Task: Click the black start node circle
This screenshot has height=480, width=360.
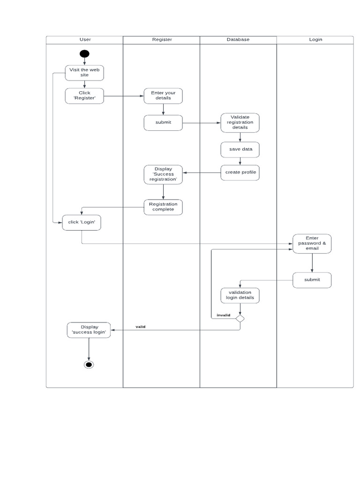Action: tap(84, 53)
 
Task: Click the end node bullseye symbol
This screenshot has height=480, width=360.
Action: tap(89, 365)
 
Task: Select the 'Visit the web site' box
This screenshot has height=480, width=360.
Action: tap(84, 73)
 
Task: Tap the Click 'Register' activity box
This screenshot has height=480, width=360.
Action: tap(84, 96)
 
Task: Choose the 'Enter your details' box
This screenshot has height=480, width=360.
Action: tap(163, 96)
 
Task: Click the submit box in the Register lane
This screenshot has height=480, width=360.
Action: tap(163, 123)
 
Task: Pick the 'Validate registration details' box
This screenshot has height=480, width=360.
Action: tap(240, 122)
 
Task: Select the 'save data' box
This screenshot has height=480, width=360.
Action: tap(240, 149)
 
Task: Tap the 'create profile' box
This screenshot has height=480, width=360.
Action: tap(240, 172)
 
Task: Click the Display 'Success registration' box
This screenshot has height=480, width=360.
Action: tap(163, 174)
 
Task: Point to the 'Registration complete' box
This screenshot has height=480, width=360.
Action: tap(163, 207)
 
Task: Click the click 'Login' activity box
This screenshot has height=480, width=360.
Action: tap(82, 222)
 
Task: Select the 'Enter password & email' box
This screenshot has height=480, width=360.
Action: tap(312, 244)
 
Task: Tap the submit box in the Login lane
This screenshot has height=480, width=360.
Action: tap(312, 280)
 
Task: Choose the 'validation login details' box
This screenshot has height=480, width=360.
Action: tap(240, 295)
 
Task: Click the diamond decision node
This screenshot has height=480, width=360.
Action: tap(240, 319)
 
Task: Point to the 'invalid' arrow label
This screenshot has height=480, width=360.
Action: tap(223, 315)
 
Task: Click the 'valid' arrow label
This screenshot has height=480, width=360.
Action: tap(140, 326)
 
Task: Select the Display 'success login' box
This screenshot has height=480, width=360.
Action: tap(89, 330)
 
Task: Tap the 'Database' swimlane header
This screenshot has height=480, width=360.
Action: tap(238, 40)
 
